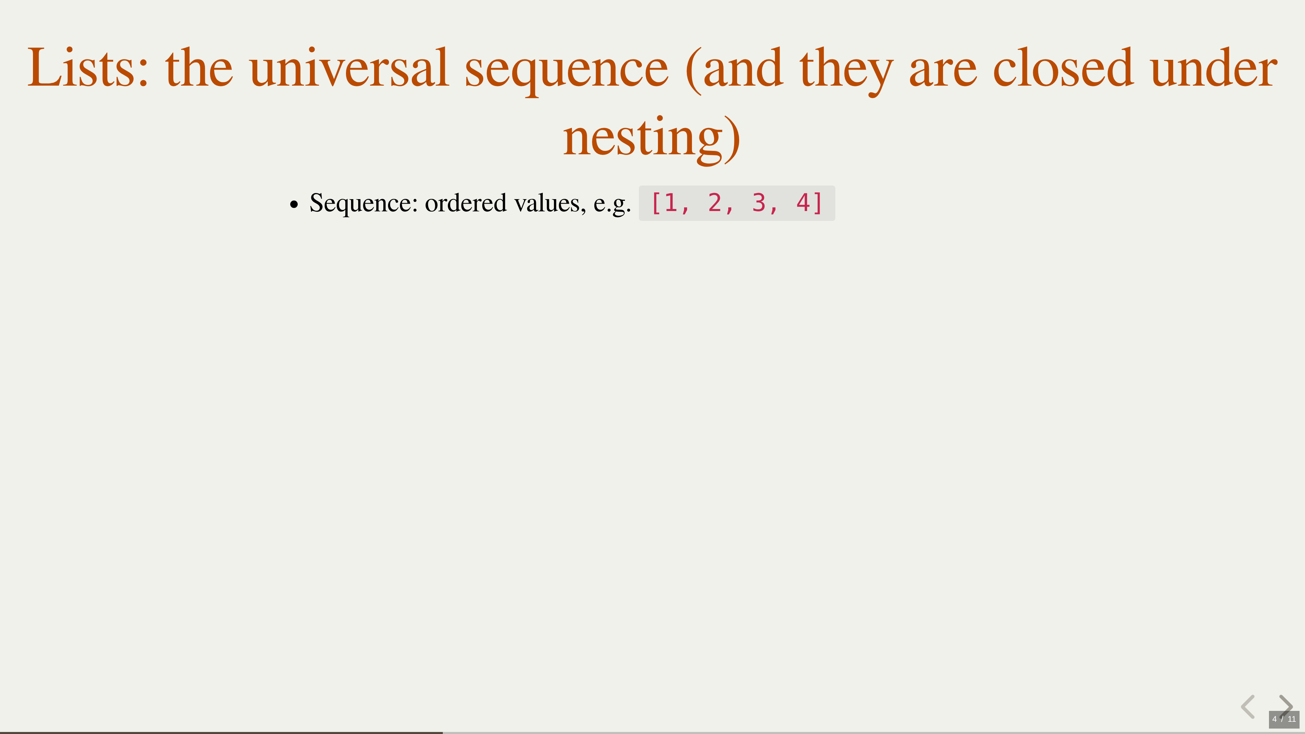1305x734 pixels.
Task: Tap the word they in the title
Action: [846, 71]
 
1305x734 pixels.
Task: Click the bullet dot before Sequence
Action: [294, 205]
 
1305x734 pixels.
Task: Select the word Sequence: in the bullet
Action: [364, 204]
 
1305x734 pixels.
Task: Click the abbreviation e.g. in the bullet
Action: [612, 205]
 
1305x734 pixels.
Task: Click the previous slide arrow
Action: [1248, 707]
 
